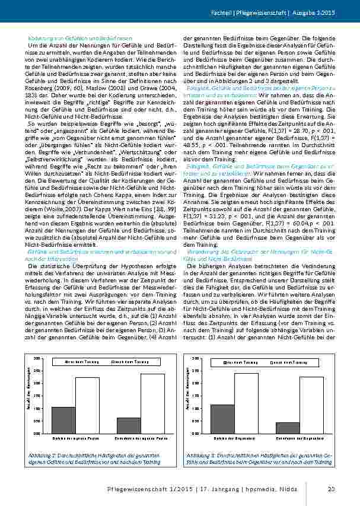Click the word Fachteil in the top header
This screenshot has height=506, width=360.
(237, 12)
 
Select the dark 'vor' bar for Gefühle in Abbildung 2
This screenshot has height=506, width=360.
(63, 419)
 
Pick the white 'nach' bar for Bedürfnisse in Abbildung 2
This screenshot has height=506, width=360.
(152, 403)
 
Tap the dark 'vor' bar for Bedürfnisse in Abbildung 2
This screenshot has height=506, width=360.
(129, 425)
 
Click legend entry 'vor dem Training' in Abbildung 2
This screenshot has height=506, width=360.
(79, 362)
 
